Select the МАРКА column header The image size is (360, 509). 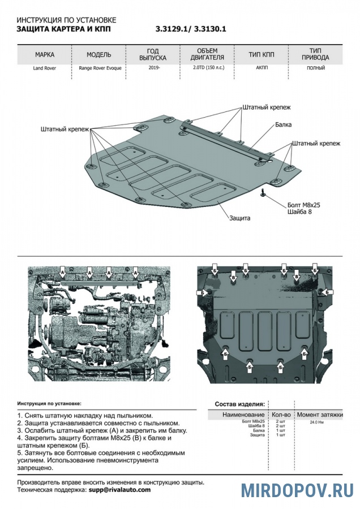click(x=45, y=55)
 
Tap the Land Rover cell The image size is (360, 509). click(x=45, y=68)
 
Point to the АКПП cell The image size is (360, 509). click(x=261, y=68)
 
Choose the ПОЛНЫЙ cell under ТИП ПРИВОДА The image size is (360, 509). click(x=316, y=68)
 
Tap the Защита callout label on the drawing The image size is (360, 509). click(x=240, y=218)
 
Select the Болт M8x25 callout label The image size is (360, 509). click(x=304, y=205)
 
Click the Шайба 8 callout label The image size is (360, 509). click(x=299, y=212)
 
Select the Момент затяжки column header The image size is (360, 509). click(x=320, y=415)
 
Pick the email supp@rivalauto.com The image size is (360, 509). click(x=119, y=490)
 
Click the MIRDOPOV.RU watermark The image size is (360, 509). click(x=297, y=490)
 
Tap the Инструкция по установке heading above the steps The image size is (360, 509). click(x=49, y=404)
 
